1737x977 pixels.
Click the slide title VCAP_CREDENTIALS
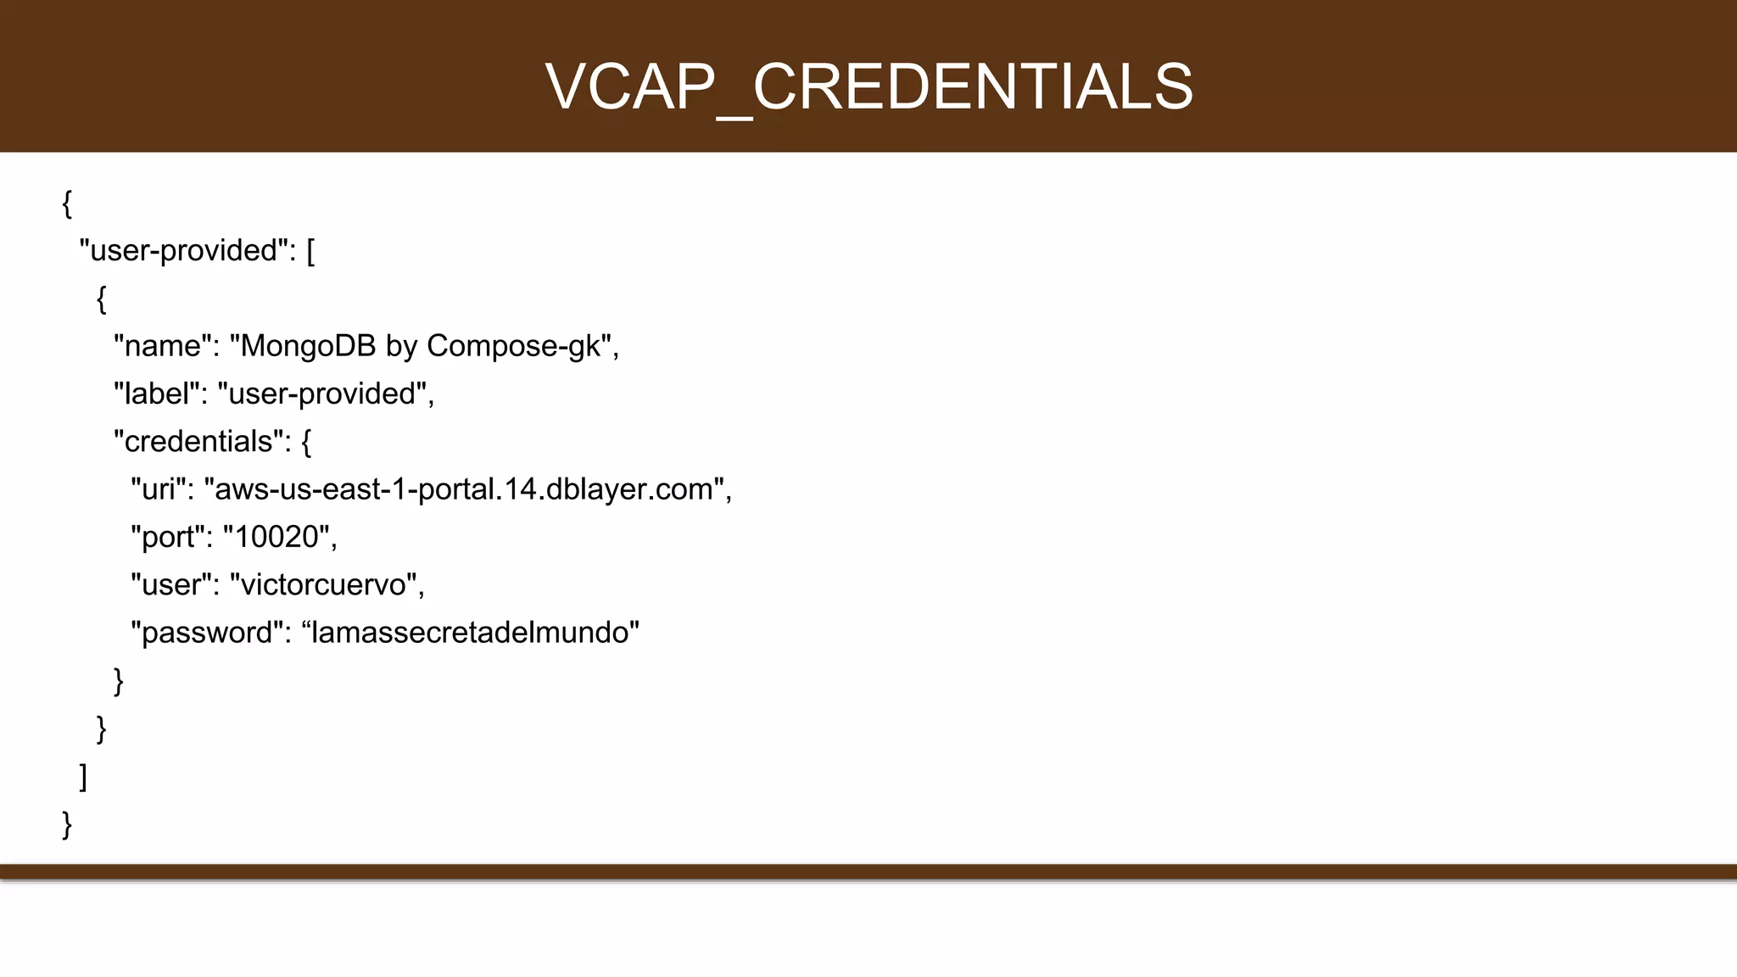coord(868,87)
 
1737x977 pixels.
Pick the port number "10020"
coord(276,537)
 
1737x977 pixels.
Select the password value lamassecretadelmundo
coord(471,633)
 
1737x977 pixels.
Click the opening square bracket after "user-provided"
coord(310,252)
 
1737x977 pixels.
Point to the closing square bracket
coord(83,776)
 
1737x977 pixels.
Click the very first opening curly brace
coord(67,204)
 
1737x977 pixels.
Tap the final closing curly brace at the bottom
coord(67,824)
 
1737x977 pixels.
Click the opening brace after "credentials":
coord(306,442)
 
